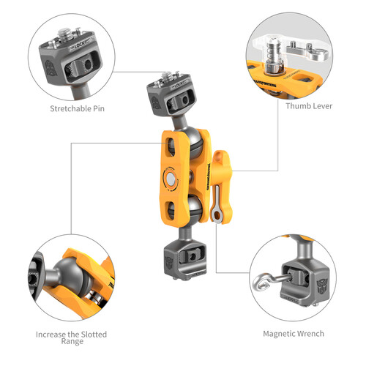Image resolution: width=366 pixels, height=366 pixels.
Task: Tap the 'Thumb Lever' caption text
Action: pyautogui.click(x=308, y=106)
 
